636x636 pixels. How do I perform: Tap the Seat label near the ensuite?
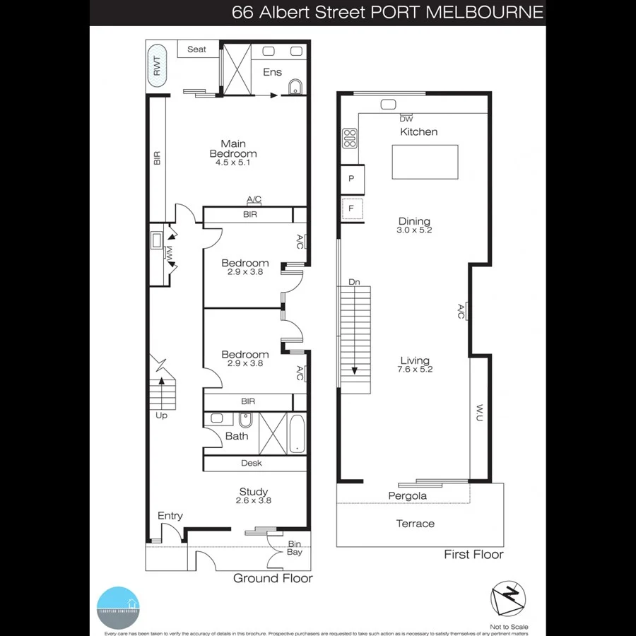pyautogui.click(x=196, y=49)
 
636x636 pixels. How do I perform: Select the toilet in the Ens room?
pyautogui.click(x=295, y=87)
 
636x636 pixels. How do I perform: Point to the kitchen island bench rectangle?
pyautogui.click(x=425, y=162)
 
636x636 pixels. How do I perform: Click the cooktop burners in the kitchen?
pyautogui.click(x=349, y=138)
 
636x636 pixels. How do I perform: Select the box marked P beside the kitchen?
pyautogui.click(x=351, y=179)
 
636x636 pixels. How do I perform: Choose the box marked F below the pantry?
pyautogui.click(x=351, y=208)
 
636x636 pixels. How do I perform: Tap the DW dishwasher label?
pyautogui.click(x=406, y=119)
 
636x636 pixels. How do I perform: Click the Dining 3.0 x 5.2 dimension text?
pyautogui.click(x=414, y=230)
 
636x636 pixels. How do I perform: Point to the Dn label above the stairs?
pyautogui.click(x=354, y=283)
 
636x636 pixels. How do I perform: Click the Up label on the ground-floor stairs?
pyautogui.click(x=161, y=416)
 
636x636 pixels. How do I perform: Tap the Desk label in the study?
pyautogui.click(x=252, y=463)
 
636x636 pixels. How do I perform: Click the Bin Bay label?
pyautogui.click(x=294, y=548)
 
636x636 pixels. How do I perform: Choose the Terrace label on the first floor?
pyautogui.click(x=415, y=524)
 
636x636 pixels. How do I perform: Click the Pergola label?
pyautogui.click(x=408, y=496)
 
